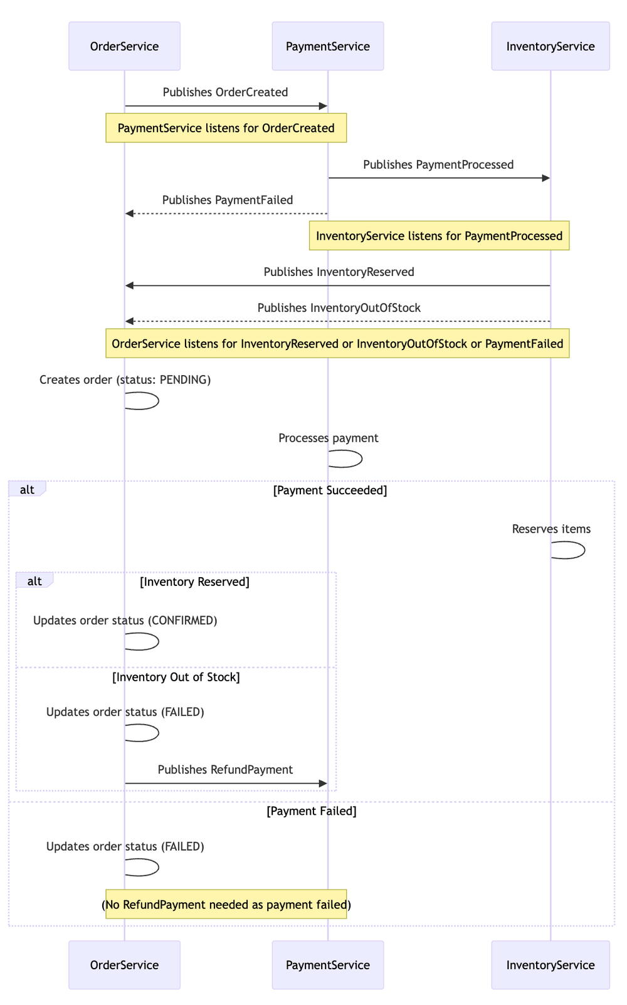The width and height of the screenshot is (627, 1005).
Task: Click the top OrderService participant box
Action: (124, 46)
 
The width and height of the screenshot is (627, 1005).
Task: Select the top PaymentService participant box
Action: (328, 46)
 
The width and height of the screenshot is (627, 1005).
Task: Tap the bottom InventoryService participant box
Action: (551, 965)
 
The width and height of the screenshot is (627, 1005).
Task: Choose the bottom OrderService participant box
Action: (124, 965)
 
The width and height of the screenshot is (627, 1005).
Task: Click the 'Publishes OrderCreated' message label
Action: (225, 92)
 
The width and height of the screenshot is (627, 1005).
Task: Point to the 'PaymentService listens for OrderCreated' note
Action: (226, 128)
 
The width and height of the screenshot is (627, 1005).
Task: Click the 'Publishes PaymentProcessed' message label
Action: (438, 164)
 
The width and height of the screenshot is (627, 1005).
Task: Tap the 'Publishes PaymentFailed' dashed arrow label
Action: (228, 200)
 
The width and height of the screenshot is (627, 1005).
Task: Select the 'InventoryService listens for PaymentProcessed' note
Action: (439, 235)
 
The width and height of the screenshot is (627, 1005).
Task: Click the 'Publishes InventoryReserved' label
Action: (339, 272)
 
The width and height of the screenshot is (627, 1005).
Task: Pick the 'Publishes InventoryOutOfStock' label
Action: (339, 308)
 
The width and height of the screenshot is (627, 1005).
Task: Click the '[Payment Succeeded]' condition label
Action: (330, 491)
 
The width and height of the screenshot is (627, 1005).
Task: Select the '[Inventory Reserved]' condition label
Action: (194, 582)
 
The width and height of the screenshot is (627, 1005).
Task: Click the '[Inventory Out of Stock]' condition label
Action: (176, 677)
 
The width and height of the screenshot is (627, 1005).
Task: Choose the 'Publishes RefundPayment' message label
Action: (225, 770)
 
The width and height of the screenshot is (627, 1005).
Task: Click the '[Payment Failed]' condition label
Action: (312, 811)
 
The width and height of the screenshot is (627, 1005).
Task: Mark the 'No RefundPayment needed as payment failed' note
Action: (226, 904)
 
